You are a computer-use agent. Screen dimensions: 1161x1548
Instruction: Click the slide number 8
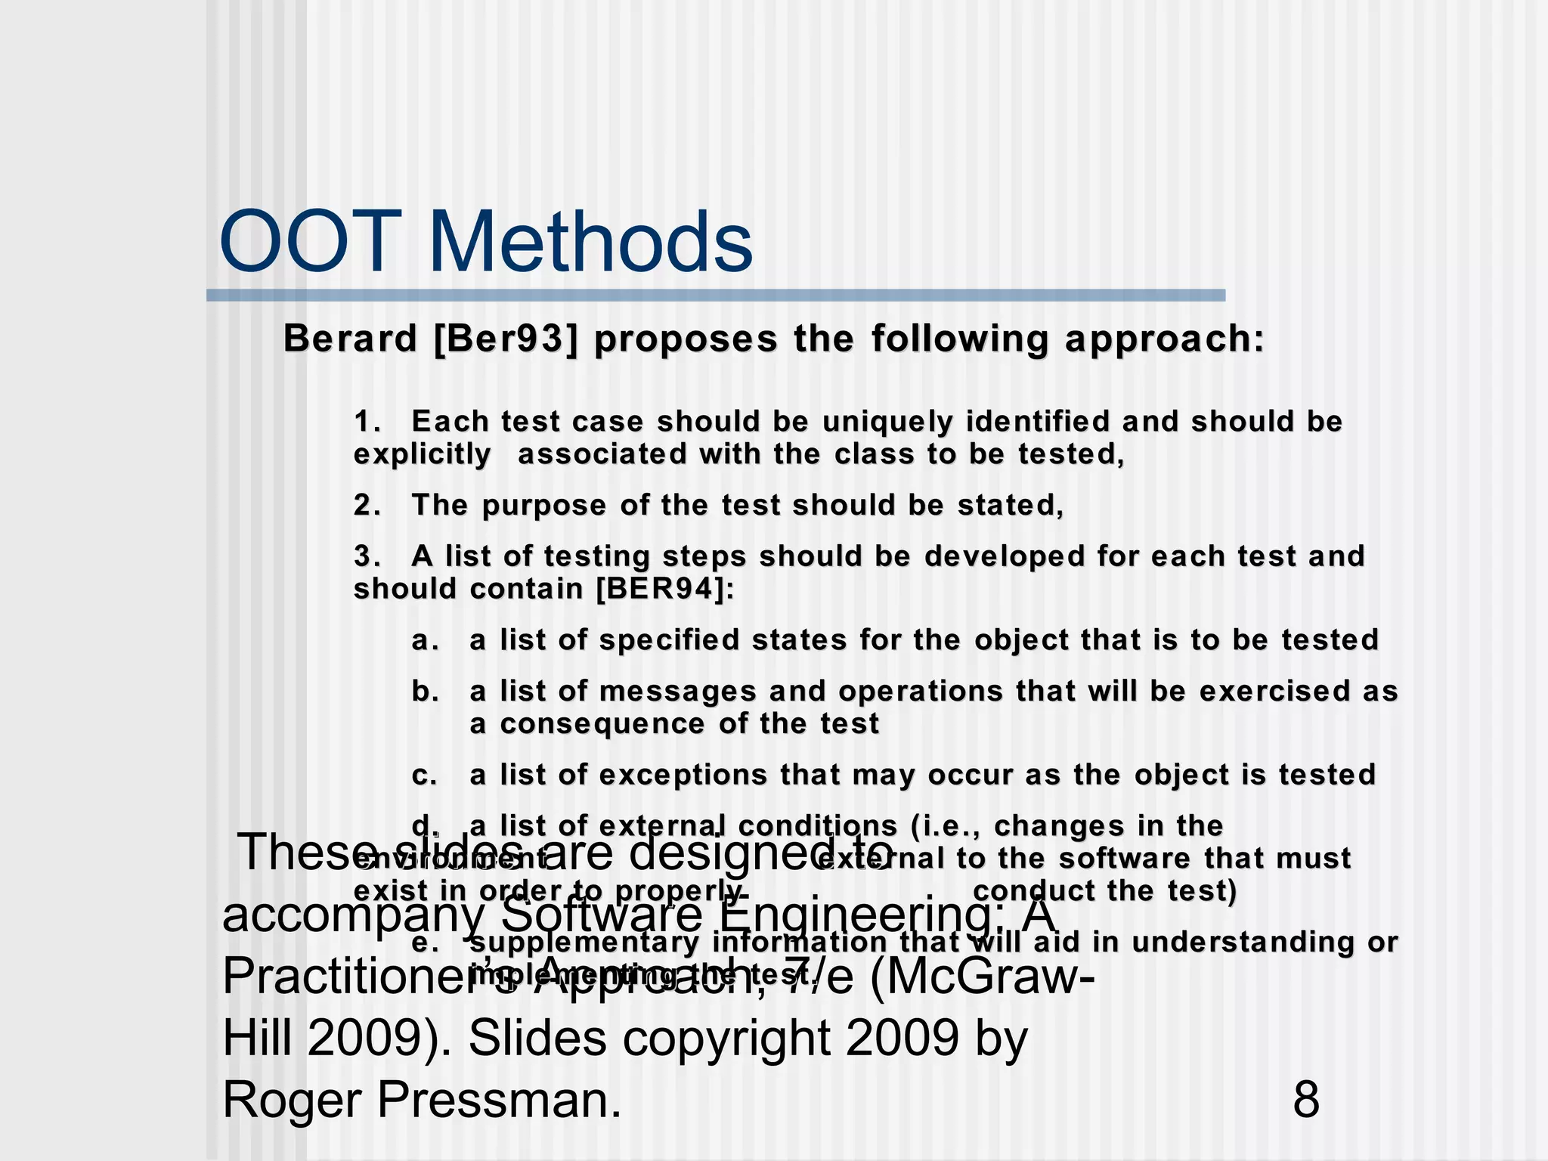1306,1099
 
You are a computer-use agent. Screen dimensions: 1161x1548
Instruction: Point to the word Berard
350,339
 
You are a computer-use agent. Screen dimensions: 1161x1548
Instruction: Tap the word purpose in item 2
544,505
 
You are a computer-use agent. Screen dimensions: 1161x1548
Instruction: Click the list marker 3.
367,556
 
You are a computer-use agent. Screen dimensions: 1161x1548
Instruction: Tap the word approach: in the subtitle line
1165,339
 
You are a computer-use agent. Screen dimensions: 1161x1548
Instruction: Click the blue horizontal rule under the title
715,296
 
